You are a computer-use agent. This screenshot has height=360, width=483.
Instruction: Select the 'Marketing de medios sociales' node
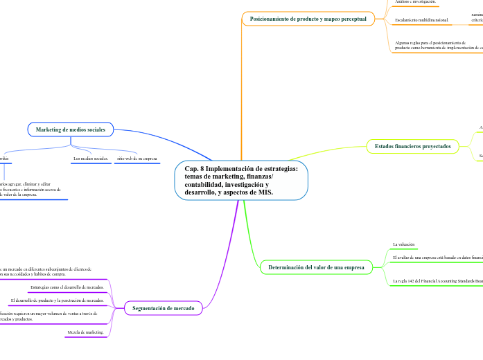[71, 129]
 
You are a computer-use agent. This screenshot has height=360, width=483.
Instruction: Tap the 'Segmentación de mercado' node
[163, 308]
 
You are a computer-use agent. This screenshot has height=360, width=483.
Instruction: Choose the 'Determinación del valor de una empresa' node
[315, 267]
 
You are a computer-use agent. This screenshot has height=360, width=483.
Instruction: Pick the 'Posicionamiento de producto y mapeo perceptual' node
[308, 19]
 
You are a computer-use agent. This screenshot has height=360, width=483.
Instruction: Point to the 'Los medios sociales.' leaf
[91, 159]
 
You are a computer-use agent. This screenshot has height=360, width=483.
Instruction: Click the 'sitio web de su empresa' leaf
[137, 159]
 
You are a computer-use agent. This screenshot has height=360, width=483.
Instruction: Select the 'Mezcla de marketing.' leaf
[85, 332]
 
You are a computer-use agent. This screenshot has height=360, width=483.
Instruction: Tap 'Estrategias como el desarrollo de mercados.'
[68, 287]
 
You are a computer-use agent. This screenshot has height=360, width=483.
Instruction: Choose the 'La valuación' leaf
[403, 244]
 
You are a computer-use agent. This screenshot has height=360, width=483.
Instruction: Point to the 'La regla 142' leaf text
[437, 281]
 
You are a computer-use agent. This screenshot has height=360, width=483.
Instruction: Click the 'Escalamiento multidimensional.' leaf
[421, 20]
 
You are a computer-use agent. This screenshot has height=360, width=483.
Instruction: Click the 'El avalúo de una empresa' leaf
[437, 258]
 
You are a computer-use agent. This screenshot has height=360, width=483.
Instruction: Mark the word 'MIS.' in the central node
[263, 193]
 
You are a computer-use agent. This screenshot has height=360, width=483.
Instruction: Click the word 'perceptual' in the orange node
[351, 19]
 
